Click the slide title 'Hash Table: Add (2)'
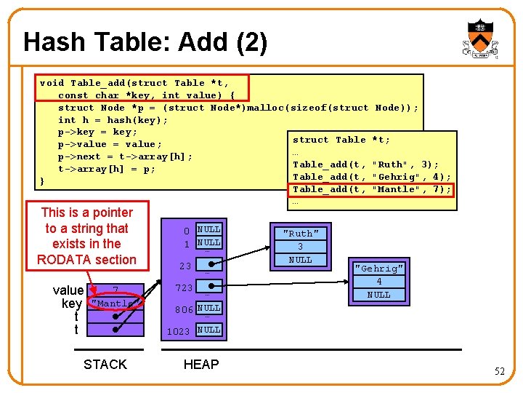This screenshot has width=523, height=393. tap(145, 42)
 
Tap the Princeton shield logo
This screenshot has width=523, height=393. tap(480, 39)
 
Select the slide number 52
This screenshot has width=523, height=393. tap(500, 372)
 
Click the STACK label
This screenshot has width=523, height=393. tap(105, 365)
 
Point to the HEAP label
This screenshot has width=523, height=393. tap(201, 365)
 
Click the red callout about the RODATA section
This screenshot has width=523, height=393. tap(88, 236)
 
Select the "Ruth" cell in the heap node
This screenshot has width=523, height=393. tap(300, 234)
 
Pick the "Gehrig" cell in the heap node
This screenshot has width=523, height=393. tap(378, 268)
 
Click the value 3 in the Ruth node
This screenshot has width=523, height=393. tap(300, 247)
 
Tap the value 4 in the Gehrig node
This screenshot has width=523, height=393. tap(378, 281)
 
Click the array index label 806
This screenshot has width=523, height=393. tap(183, 309)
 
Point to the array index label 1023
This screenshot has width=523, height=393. tap(179, 331)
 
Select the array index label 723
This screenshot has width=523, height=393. tap(184, 288)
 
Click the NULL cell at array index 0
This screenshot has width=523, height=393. tap(208, 229)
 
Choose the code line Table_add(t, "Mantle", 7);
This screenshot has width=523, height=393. tap(371, 189)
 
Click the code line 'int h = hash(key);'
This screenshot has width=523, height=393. tap(113, 120)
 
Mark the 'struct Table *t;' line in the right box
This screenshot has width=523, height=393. tap(341, 140)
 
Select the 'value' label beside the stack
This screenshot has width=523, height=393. tap(68, 290)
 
